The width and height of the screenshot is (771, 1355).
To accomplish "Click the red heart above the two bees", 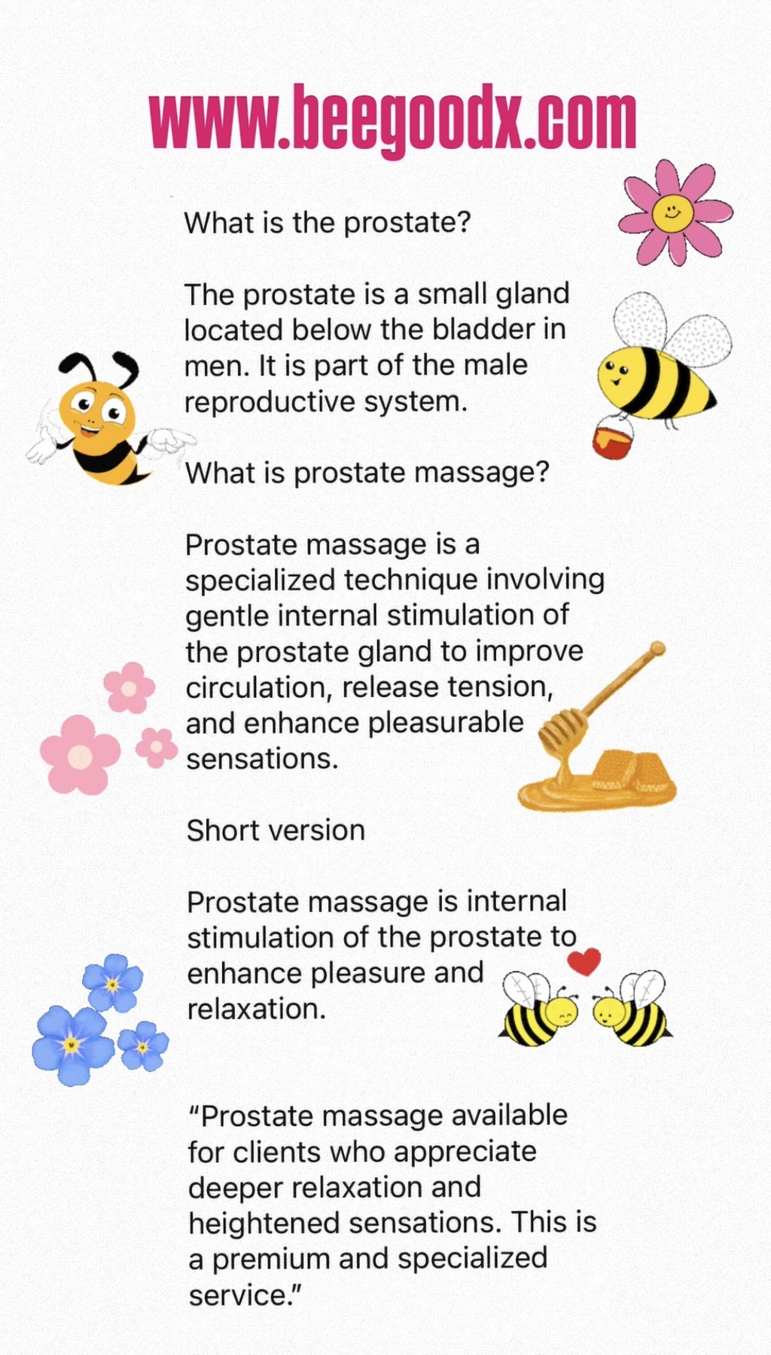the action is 584,960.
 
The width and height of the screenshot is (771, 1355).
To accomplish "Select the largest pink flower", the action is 80,754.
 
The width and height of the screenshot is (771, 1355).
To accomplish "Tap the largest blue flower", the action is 72,1045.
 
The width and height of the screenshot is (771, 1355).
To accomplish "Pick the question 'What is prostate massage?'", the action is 367,473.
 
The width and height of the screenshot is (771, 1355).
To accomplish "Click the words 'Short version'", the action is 276,830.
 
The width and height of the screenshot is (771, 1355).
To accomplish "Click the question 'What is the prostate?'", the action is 328,224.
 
